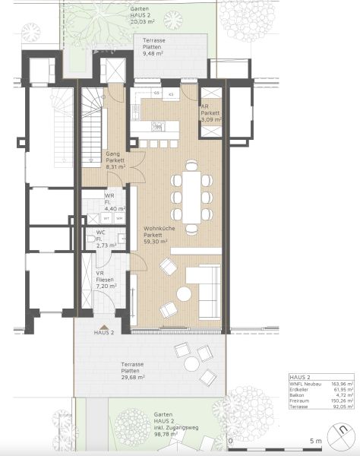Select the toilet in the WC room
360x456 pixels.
tap(91, 241)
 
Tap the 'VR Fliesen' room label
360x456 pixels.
tap(105, 278)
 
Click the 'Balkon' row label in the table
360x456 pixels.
tap(298, 396)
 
